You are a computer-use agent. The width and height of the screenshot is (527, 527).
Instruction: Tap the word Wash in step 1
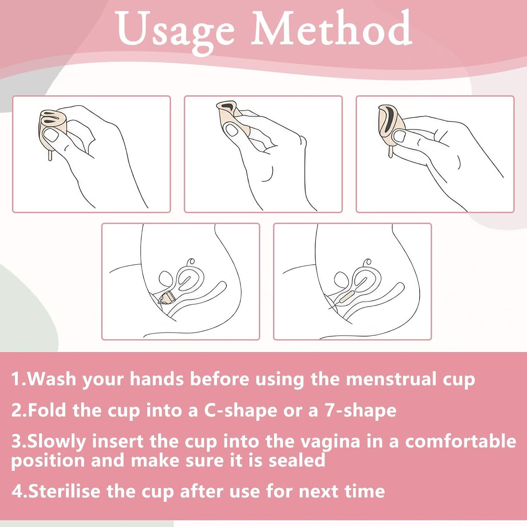tap(52, 379)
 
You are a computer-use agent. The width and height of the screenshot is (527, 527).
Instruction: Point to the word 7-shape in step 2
tap(360, 410)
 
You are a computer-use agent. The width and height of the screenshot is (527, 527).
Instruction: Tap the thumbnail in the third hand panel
tap(399, 137)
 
